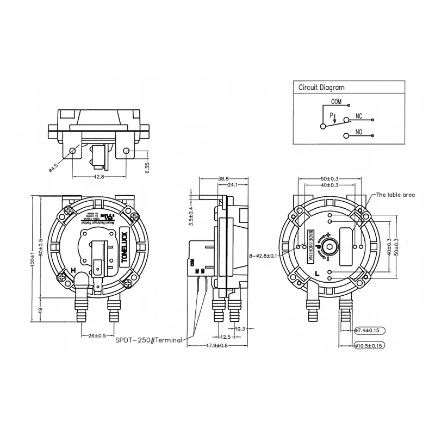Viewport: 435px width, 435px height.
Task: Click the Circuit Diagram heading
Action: [321, 87]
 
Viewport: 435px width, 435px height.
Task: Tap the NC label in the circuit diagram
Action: [358, 116]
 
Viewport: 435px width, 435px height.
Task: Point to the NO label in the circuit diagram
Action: [358, 132]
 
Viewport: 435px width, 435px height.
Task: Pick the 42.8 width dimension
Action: [99, 177]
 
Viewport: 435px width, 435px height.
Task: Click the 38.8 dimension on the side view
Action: [223, 178]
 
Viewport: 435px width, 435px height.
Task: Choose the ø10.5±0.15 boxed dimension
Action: [370, 345]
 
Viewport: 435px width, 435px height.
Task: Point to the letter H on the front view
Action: [73, 270]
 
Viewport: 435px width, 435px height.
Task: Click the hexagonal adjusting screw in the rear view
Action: [330, 247]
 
